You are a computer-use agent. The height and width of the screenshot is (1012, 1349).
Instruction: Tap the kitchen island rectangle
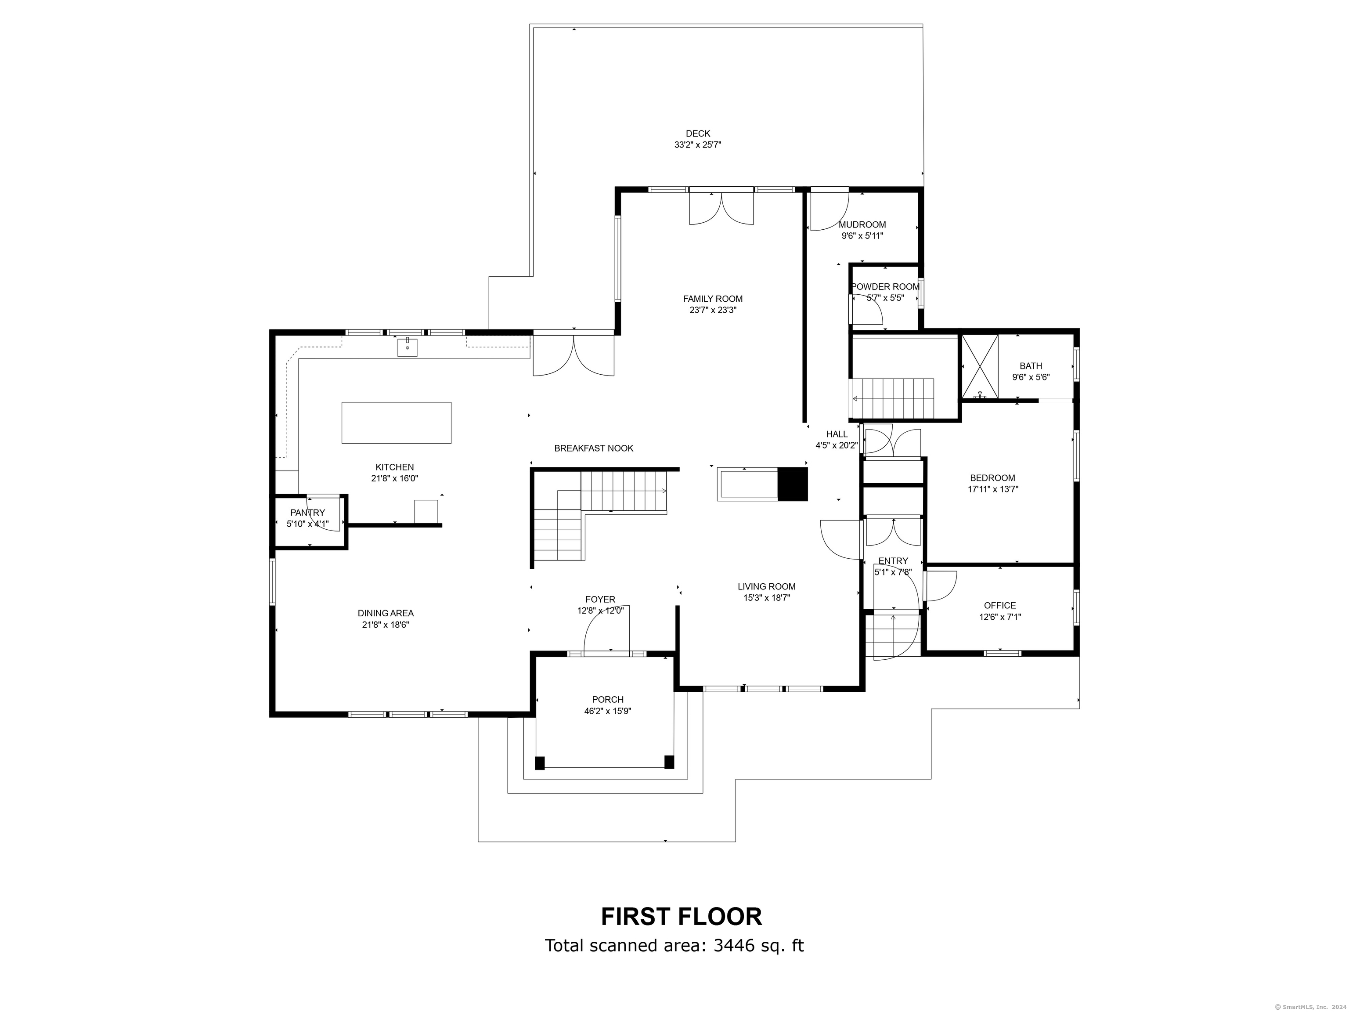pyautogui.click(x=397, y=422)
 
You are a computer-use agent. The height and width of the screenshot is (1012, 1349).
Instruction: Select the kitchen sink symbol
pyautogui.click(x=407, y=347)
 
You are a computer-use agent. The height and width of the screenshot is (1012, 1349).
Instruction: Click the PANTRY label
pyautogui.click(x=307, y=513)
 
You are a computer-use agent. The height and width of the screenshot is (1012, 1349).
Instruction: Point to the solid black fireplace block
pyautogui.click(x=792, y=484)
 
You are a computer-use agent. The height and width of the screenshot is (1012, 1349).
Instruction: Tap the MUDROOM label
pyautogui.click(x=862, y=224)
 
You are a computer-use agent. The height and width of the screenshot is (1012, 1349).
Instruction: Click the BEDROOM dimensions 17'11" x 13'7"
pyautogui.click(x=992, y=488)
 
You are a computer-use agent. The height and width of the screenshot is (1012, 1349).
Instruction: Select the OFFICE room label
pyautogui.click(x=999, y=605)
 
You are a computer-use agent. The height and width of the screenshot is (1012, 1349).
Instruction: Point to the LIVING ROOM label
pyautogui.click(x=766, y=586)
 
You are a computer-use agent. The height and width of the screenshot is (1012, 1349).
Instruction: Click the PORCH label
pyautogui.click(x=607, y=700)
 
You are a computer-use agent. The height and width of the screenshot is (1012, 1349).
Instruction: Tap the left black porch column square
pyautogui.click(x=539, y=763)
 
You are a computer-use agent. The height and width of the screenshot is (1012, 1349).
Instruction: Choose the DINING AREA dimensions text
pyautogui.click(x=385, y=625)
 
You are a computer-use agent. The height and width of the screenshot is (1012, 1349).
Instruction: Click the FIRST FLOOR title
pyautogui.click(x=681, y=917)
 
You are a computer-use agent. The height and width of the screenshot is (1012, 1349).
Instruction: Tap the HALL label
pyautogui.click(x=836, y=434)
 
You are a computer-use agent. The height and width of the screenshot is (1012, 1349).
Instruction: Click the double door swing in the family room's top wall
pyautogui.click(x=721, y=209)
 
